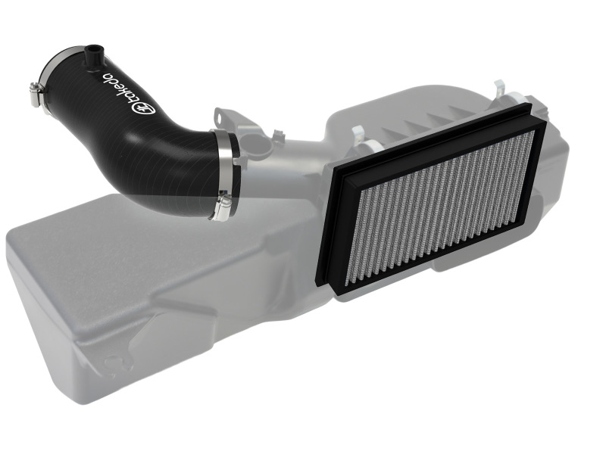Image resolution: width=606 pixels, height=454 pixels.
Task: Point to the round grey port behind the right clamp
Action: [261, 143]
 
